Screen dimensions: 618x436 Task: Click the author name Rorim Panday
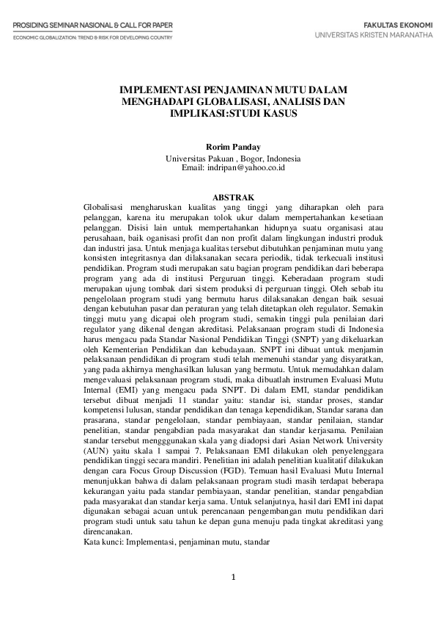(x=233, y=146)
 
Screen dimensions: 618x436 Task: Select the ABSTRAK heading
(x=233, y=197)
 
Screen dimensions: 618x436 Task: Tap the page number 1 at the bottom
(x=233, y=576)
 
